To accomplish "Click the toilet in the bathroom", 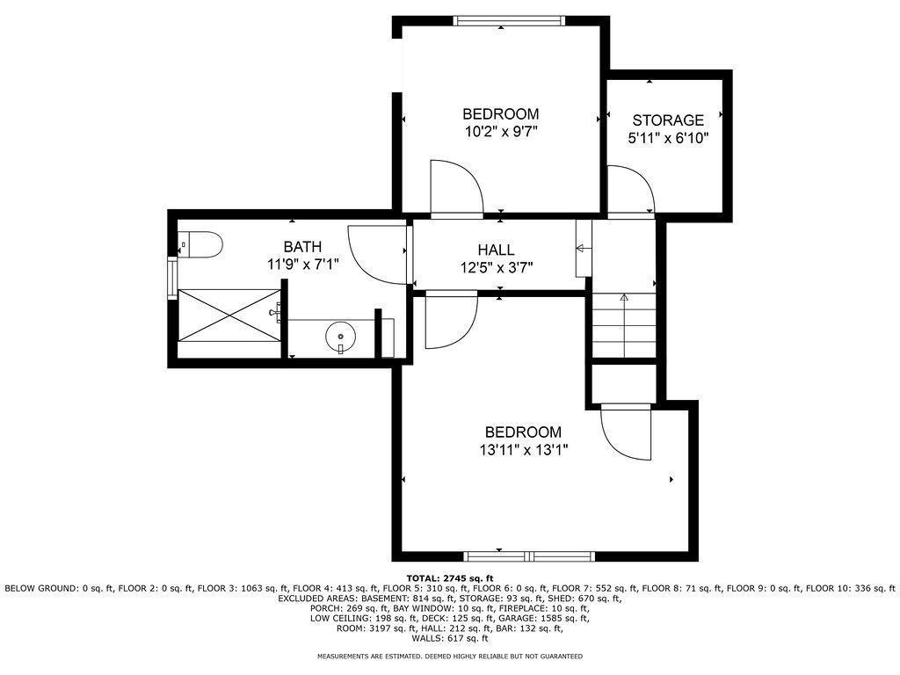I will pyautogui.click(x=198, y=243).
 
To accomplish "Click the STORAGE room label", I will pyautogui.click(x=668, y=120).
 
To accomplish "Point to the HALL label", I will pyautogui.click(x=496, y=250).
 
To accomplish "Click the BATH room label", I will pyautogui.click(x=301, y=247).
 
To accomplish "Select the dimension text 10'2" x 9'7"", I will pyautogui.click(x=500, y=132).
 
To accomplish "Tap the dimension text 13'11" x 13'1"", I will pyautogui.click(x=523, y=450).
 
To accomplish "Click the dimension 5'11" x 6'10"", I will pyautogui.click(x=668, y=138).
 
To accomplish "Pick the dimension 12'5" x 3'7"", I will pyautogui.click(x=496, y=268).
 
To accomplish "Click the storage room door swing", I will pyautogui.click(x=629, y=192).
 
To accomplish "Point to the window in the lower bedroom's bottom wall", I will pyautogui.click(x=529, y=555).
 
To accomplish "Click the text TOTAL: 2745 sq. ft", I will pyautogui.click(x=449, y=577).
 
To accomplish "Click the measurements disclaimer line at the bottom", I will pyautogui.click(x=449, y=657).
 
